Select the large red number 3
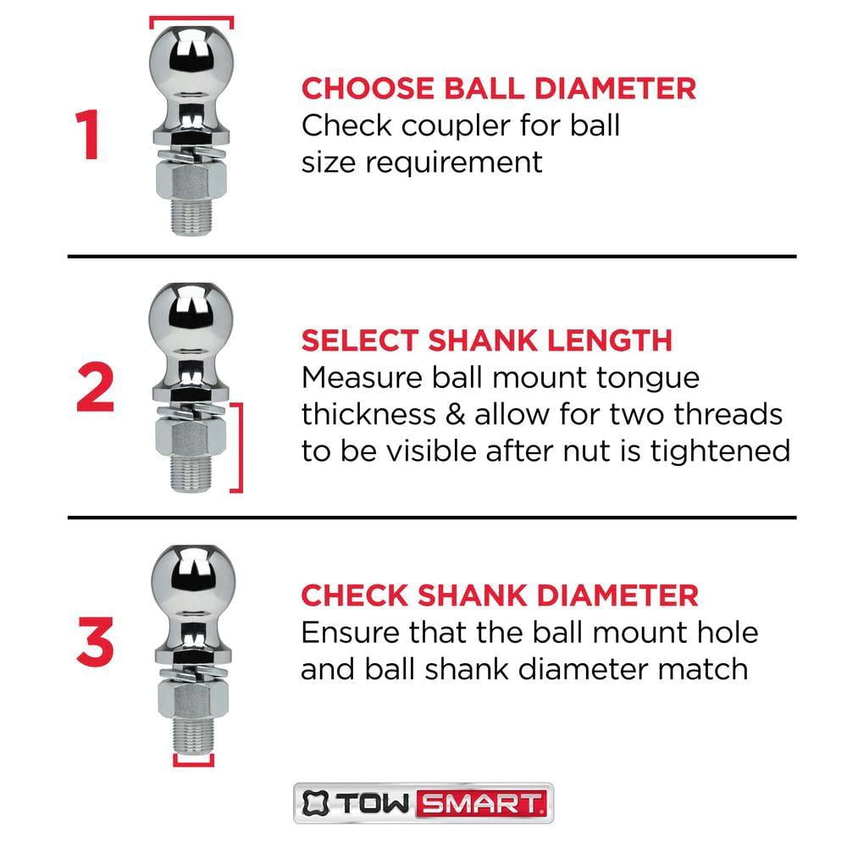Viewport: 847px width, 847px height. (x=94, y=645)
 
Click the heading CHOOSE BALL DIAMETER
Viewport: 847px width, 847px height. (x=499, y=88)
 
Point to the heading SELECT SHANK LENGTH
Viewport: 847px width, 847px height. (x=486, y=340)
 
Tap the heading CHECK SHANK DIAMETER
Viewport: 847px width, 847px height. (x=500, y=595)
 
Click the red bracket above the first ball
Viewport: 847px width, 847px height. (x=191, y=19)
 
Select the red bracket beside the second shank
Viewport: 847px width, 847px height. (x=240, y=446)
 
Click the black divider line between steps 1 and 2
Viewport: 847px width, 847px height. (x=432, y=256)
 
